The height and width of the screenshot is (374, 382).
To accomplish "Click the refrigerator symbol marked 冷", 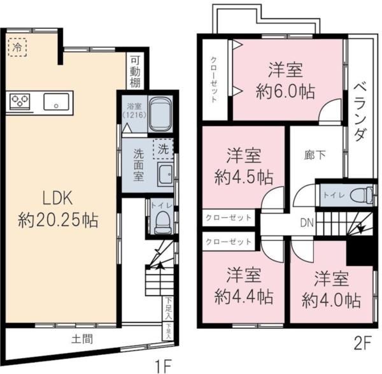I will pyautogui.click(x=17, y=47).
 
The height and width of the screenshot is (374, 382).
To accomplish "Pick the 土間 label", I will pyautogui.click(x=83, y=339).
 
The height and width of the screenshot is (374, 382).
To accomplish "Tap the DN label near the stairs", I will pyautogui.click(x=306, y=222).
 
